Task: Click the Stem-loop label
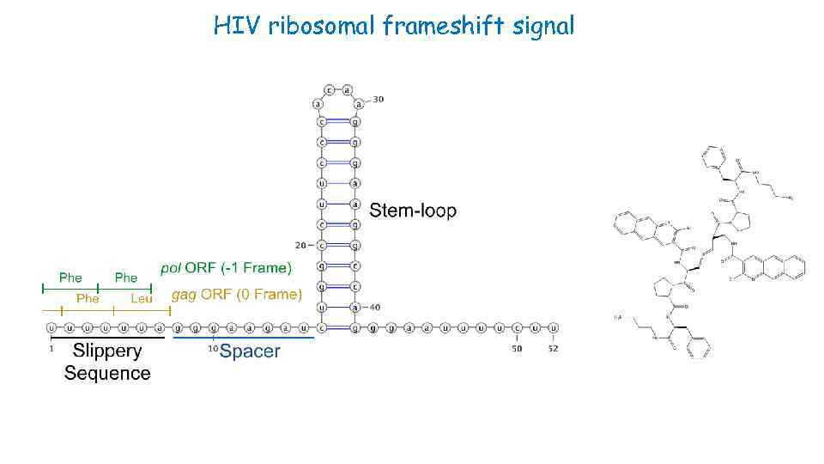coord(413,211)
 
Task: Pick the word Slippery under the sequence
coord(107,351)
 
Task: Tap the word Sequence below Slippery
coord(107,373)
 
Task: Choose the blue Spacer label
coord(250,352)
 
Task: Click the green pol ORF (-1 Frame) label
coord(226,268)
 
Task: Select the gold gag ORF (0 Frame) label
coord(237,295)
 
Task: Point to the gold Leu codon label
coord(142,298)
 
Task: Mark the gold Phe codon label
coord(88,298)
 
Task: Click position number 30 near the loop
coord(379,100)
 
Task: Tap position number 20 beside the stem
coord(300,245)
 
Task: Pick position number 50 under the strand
coord(517,349)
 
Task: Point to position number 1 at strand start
coord(51,349)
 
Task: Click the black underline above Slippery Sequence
coord(106,339)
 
